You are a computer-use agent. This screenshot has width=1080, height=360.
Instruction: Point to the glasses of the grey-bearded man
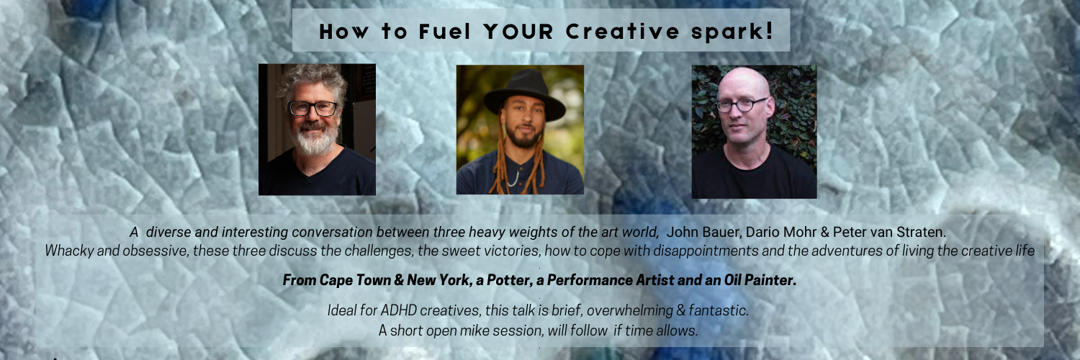313,109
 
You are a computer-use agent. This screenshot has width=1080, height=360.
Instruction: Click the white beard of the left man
315,139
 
